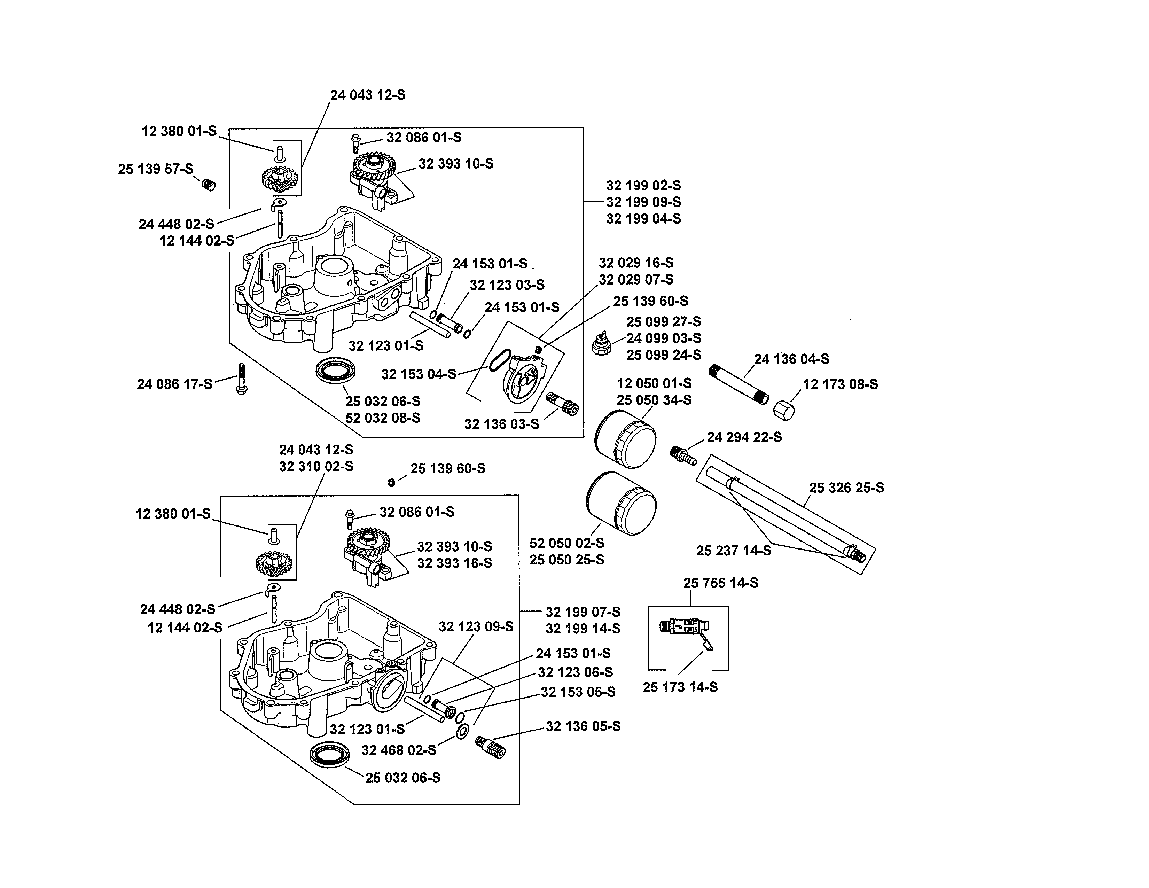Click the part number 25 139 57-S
(156, 169)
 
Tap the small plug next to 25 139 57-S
(209, 185)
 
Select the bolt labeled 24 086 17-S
(242, 379)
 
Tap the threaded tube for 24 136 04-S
(738, 384)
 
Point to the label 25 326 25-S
(846, 488)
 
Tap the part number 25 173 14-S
(680, 687)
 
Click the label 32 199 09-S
(643, 202)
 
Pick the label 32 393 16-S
(454, 563)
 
